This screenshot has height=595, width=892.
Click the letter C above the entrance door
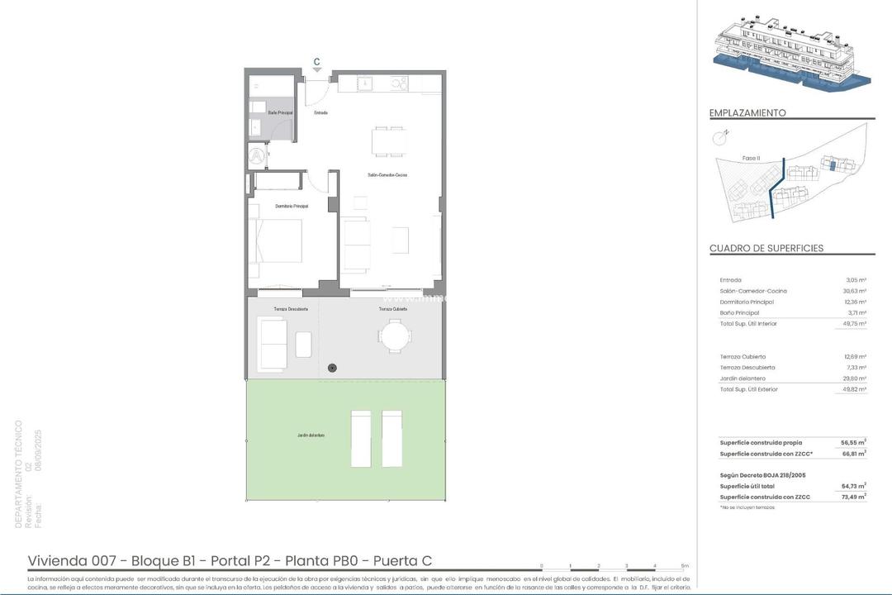point(316,60)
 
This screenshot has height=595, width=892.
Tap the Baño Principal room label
point(268,112)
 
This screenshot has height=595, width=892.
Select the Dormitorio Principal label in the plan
point(292,206)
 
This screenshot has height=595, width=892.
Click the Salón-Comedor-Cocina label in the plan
point(387,175)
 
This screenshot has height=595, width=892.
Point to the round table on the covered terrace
point(394,336)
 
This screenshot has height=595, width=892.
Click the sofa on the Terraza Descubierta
point(273,343)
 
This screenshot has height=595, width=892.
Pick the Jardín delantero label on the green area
point(311,435)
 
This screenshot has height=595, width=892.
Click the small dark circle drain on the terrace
point(333,367)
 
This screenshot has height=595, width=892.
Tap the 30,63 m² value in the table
point(855,291)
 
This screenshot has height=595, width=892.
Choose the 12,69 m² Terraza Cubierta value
point(855,357)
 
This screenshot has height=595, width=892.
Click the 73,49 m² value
point(853,497)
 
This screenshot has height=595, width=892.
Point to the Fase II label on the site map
point(751,158)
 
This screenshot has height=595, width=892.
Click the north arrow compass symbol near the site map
point(719,138)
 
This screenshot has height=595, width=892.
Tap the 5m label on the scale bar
point(685,566)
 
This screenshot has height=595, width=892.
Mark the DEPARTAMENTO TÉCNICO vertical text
point(19,474)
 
